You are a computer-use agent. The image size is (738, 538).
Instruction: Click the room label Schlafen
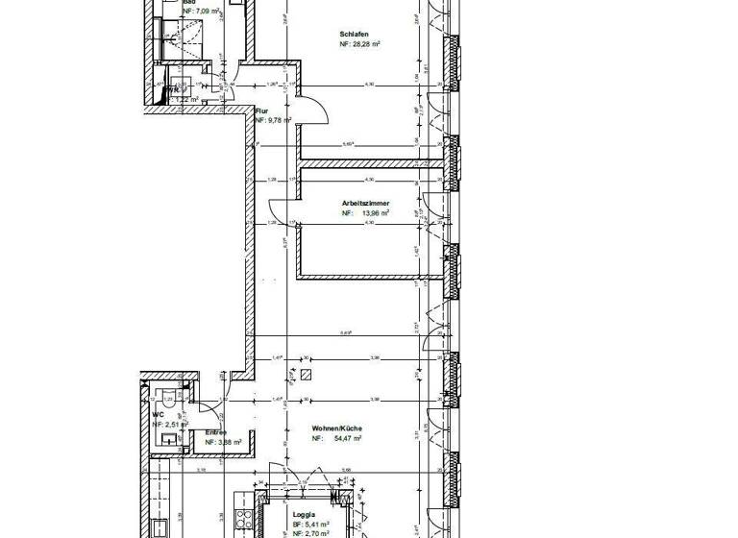pos(355,34)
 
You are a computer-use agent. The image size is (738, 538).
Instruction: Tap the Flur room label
pos(260,110)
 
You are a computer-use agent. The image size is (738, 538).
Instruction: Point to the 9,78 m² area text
pos(275,120)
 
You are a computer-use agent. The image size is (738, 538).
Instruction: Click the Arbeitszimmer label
pos(365,204)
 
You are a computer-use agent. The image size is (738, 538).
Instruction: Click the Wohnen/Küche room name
pos(335,428)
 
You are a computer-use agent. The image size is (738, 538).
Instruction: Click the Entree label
pos(216,431)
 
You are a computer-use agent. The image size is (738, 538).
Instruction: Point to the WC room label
pos(158,413)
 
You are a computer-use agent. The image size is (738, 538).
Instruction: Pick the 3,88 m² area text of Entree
pos(224,441)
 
